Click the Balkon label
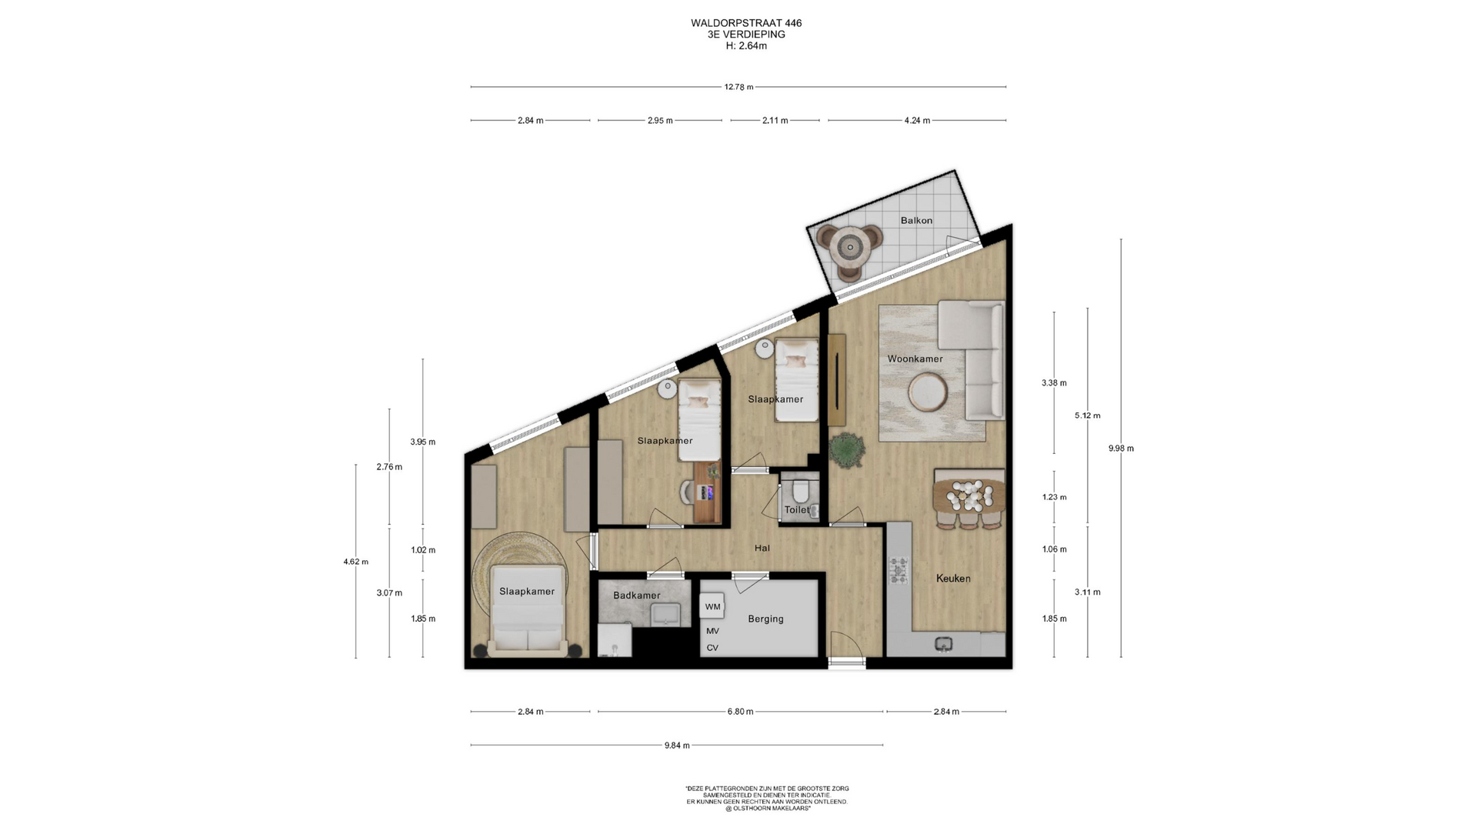(x=916, y=221)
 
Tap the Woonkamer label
(x=915, y=359)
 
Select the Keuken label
(x=953, y=579)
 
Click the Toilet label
(x=797, y=510)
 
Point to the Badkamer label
(x=637, y=596)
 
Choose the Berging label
(x=765, y=619)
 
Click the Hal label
(x=762, y=548)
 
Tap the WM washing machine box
(x=712, y=606)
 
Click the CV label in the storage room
(x=712, y=648)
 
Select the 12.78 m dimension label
(x=738, y=87)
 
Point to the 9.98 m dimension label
(x=1121, y=449)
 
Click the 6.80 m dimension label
(x=740, y=712)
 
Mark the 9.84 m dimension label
(x=677, y=746)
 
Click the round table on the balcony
(x=850, y=247)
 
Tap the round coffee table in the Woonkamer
(x=928, y=392)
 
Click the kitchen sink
(x=944, y=644)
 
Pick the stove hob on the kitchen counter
(x=899, y=570)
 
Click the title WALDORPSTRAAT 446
(x=746, y=23)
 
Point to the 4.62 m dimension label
(x=355, y=562)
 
